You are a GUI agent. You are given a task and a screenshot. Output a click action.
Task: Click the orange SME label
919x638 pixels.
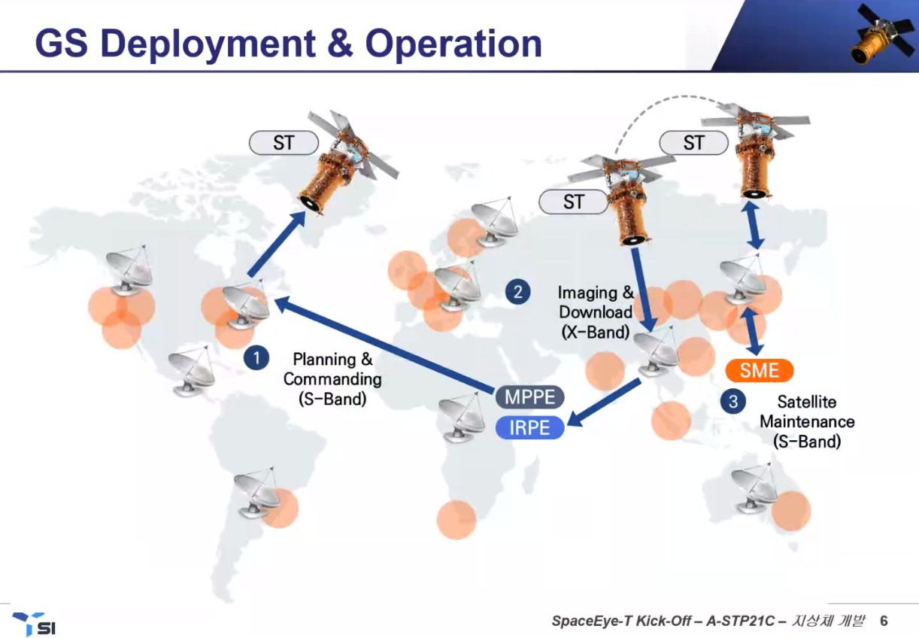pos(760,370)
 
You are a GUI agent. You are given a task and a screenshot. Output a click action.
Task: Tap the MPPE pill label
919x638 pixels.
pos(529,397)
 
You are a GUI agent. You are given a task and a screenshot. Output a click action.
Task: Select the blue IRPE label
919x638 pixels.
pos(529,428)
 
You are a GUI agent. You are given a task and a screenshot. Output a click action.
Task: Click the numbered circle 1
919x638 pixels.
pos(256,358)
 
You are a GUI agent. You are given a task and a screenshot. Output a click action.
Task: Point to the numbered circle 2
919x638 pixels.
pos(517,292)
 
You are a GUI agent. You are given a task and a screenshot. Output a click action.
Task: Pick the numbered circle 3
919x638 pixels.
pos(733,402)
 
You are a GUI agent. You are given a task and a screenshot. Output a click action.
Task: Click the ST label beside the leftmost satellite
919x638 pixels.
pos(284,143)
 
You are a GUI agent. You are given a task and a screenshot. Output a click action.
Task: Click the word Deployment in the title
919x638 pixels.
pos(208,44)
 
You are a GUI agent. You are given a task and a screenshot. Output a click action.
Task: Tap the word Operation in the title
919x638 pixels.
pos(453,44)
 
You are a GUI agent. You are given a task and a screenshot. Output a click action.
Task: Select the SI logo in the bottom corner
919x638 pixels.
pos(35,624)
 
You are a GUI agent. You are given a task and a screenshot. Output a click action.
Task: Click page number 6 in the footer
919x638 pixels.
pos(884,621)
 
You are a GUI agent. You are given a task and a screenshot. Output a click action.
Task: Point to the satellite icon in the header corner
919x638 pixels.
pos(882,35)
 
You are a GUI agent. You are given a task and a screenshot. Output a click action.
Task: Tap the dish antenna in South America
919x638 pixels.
pos(257,493)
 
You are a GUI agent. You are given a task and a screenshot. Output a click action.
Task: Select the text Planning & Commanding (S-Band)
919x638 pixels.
pos(332,379)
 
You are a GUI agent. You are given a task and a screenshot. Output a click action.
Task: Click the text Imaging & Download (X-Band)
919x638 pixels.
pos(596,312)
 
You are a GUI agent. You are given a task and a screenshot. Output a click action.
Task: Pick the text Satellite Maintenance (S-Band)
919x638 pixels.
pos(807,421)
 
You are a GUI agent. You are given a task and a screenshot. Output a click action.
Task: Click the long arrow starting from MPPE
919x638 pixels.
pos(384,344)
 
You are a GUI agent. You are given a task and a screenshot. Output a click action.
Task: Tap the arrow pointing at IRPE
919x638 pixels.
pos(603,403)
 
